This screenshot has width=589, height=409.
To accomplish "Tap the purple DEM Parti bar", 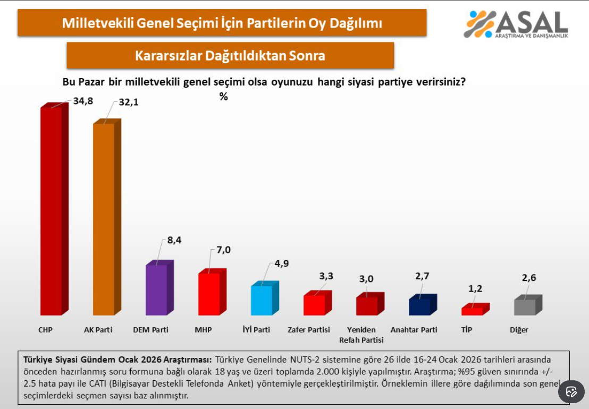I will (156, 289).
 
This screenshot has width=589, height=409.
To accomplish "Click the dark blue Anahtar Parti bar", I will (419, 306).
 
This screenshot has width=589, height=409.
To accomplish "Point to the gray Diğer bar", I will (525, 307).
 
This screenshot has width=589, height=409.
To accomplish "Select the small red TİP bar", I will (472, 311).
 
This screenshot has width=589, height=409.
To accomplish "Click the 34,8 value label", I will (82, 100).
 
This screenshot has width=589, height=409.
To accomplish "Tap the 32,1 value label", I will (128, 102).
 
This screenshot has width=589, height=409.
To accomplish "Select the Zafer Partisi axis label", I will (309, 330).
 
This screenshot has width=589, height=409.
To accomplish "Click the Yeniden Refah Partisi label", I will (361, 335).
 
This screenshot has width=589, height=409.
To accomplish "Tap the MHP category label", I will (203, 330).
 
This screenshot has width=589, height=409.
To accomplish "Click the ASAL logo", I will (516, 24).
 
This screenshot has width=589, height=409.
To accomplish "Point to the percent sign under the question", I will (224, 97).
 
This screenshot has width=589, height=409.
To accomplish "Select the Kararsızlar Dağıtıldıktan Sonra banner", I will (230, 55).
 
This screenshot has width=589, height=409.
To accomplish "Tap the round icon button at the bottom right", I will (571, 391).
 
